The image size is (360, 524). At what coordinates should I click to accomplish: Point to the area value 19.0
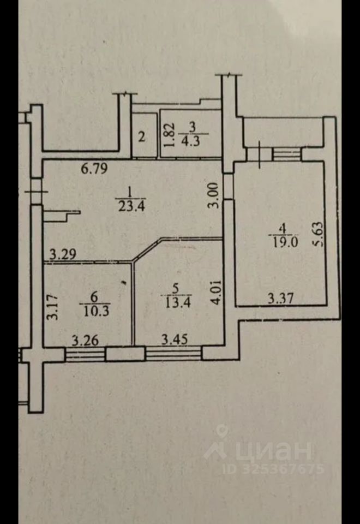[x=284, y=242]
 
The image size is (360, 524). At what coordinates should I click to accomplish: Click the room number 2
[x=141, y=136]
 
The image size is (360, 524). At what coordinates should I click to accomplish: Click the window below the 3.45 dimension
[x=173, y=354]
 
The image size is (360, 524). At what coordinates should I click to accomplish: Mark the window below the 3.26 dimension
[x=85, y=355]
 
